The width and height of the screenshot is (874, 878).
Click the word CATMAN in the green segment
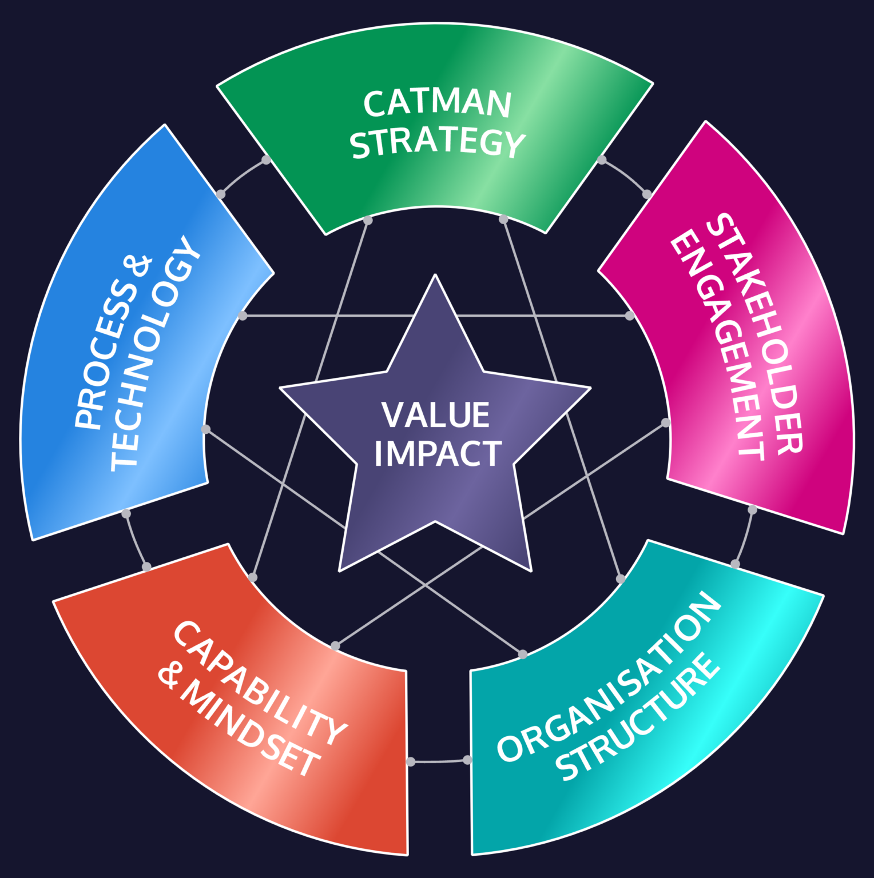point(437,103)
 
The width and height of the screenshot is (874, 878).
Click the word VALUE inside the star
point(436,415)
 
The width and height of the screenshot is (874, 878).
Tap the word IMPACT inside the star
point(438,453)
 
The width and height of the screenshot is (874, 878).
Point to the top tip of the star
point(435,277)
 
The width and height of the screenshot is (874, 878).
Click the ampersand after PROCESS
point(140,266)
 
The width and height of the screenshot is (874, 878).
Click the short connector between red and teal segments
point(439,761)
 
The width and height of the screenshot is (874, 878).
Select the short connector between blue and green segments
point(243,175)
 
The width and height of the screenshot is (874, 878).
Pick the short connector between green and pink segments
point(625,175)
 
